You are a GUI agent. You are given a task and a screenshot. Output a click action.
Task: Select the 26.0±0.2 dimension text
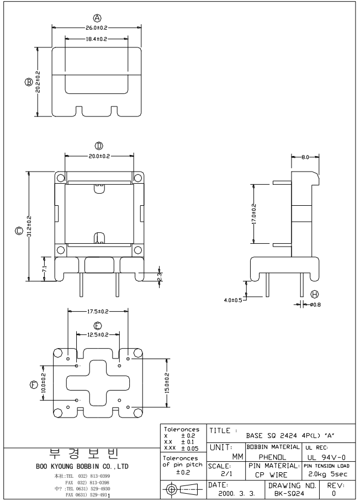(x=97, y=26)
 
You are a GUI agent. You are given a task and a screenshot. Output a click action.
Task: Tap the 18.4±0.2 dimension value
(x=97, y=39)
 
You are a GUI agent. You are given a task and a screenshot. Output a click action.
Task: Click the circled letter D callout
(x=99, y=146)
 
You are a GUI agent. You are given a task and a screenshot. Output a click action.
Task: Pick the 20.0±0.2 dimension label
(x=99, y=156)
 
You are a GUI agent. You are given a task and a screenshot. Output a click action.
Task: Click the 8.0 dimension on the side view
(x=306, y=158)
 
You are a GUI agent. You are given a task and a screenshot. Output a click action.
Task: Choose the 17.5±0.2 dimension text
(x=98, y=312)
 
